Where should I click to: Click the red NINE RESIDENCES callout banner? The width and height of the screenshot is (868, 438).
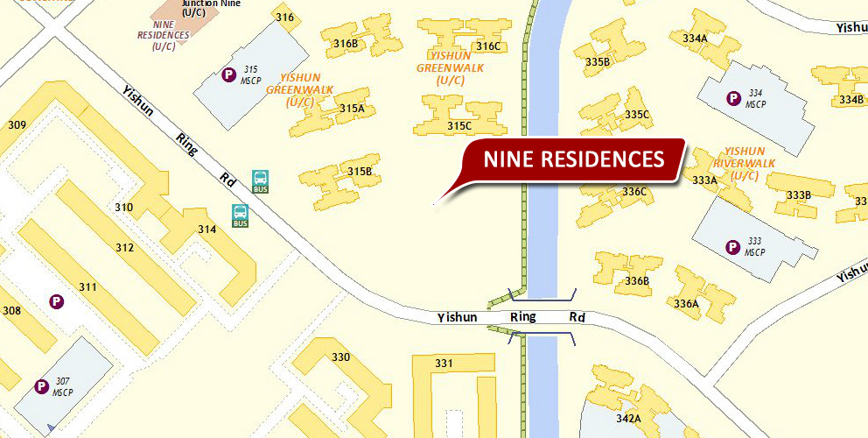(573, 159)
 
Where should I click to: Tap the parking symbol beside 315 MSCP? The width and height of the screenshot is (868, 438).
(229, 75)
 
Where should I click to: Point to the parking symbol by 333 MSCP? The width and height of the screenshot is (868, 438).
(732, 247)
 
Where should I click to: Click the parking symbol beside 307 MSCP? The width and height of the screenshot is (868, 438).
(40, 386)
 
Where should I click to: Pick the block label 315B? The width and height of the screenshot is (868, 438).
(360, 171)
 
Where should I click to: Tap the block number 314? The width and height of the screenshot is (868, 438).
(206, 230)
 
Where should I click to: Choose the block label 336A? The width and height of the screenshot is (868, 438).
(686, 304)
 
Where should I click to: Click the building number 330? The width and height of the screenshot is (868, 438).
(340, 357)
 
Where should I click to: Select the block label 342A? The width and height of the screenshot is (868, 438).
(628, 419)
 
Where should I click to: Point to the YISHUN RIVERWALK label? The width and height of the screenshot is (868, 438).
(744, 163)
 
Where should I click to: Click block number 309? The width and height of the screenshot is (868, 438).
(17, 125)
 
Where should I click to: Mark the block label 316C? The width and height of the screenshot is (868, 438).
(488, 46)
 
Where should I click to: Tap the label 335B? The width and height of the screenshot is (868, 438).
(598, 62)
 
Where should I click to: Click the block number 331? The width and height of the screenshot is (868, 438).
(444, 364)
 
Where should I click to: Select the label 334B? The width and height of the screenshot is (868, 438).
(850, 100)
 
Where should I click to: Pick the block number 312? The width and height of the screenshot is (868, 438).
(124, 248)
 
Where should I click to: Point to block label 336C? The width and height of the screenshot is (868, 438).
(634, 191)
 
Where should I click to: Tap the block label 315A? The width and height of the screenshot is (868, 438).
(352, 109)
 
